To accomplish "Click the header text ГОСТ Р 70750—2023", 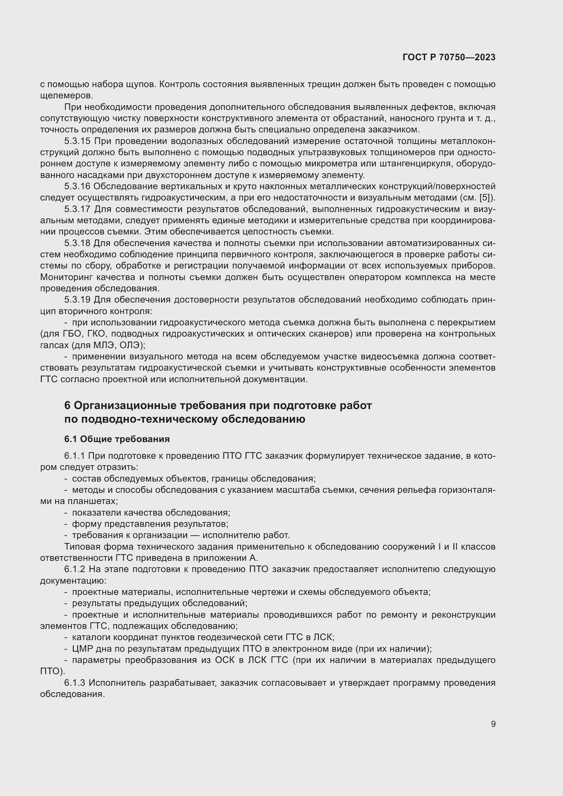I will (449, 58).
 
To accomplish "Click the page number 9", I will (493, 724).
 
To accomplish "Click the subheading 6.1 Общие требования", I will (117, 439).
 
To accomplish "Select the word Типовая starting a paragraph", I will (80, 547).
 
